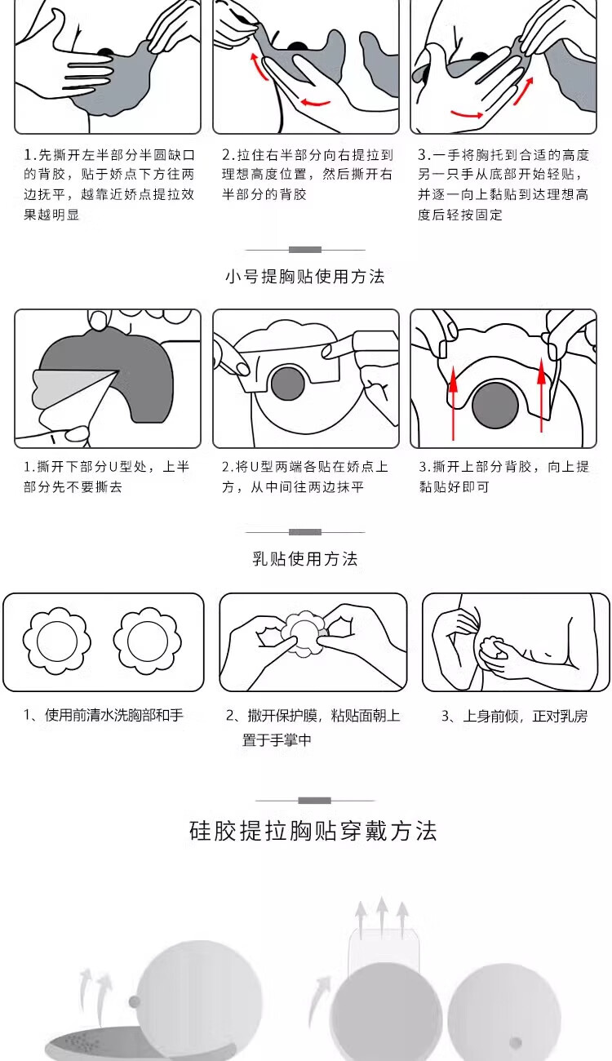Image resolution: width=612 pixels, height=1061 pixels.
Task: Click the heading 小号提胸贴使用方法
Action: coord(305,276)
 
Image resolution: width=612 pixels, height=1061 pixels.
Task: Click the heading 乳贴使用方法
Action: coord(305,558)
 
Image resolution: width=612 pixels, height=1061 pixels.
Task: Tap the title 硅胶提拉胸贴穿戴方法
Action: coord(313,832)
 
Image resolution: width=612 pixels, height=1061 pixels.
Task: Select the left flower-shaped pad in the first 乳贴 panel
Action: coord(57,641)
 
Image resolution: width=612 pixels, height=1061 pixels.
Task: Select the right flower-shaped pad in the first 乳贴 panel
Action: coord(148,641)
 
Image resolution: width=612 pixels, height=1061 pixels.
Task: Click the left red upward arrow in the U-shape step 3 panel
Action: coord(454,402)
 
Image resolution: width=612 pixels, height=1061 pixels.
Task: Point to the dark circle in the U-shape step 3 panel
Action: coord(495,405)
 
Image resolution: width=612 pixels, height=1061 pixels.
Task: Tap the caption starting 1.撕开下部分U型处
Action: coord(107,477)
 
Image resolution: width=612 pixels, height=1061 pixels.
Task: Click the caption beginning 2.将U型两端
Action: coord(305,477)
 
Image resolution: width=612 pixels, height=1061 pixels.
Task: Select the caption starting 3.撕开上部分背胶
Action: coord(504,477)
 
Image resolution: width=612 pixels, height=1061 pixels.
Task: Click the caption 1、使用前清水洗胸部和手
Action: coord(104,715)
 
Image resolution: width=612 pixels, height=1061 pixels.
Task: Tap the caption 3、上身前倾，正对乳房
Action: coord(514,716)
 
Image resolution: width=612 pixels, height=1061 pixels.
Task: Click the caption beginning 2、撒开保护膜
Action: coord(313,727)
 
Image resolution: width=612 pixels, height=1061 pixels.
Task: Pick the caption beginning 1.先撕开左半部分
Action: coord(109,184)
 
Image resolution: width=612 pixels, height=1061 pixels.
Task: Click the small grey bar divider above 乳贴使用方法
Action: coord(305,532)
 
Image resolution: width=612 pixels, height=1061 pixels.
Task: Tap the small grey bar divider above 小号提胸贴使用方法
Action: coord(305,250)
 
